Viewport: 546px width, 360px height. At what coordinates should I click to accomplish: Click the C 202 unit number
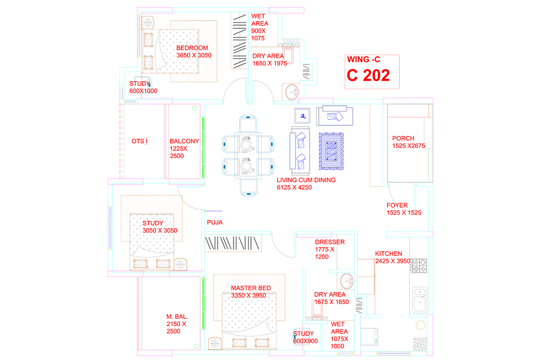pyautogui.click(x=368, y=75)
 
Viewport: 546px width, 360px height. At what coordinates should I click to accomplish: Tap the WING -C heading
pyautogui.click(x=364, y=60)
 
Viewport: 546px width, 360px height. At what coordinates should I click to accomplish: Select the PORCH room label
pyautogui.click(x=403, y=138)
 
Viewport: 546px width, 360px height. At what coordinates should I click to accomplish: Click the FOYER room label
pyautogui.click(x=397, y=205)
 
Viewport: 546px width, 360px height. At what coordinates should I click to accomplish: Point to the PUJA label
pyautogui.click(x=215, y=223)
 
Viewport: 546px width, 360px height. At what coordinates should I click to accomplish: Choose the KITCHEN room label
pyautogui.click(x=388, y=254)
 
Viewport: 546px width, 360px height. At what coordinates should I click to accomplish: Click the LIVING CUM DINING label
pyautogui.click(x=306, y=180)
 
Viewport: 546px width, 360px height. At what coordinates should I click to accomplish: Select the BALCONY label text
pyautogui.click(x=184, y=141)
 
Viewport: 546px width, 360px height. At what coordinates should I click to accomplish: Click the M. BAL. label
pyautogui.click(x=177, y=316)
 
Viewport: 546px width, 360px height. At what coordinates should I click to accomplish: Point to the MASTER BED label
pyautogui.click(x=251, y=288)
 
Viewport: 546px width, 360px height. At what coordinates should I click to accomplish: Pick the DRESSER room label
pyautogui.click(x=330, y=242)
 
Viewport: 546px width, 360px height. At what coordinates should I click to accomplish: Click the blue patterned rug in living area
pyautogui.click(x=331, y=151)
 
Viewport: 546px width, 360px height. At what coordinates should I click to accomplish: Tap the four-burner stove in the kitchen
pyautogui.click(x=419, y=266)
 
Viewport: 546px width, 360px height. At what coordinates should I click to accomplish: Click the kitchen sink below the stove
pyautogui.click(x=420, y=300)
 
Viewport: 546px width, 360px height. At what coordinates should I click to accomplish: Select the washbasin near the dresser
pyautogui.click(x=347, y=281)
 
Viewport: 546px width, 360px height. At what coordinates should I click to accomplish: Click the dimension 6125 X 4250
pyautogui.click(x=294, y=187)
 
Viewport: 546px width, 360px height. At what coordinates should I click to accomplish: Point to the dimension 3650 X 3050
pyautogui.click(x=194, y=55)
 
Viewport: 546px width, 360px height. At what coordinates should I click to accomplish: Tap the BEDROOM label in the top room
pyautogui.click(x=192, y=48)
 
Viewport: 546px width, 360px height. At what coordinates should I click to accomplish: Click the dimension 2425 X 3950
pyautogui.click(x=392, y=261)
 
